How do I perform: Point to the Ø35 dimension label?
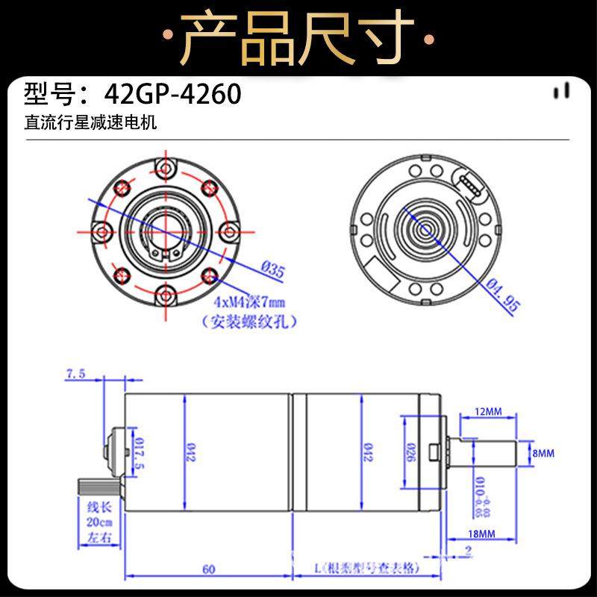pos(273,270)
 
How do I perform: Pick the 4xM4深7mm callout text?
pos(249,303)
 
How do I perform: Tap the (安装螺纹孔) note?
pos(249,322)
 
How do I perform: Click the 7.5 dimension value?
pos(76,373)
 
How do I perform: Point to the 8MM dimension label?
pos(543,453)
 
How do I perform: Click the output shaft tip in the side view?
pos(515,453)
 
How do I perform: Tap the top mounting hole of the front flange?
pos(164,166)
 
